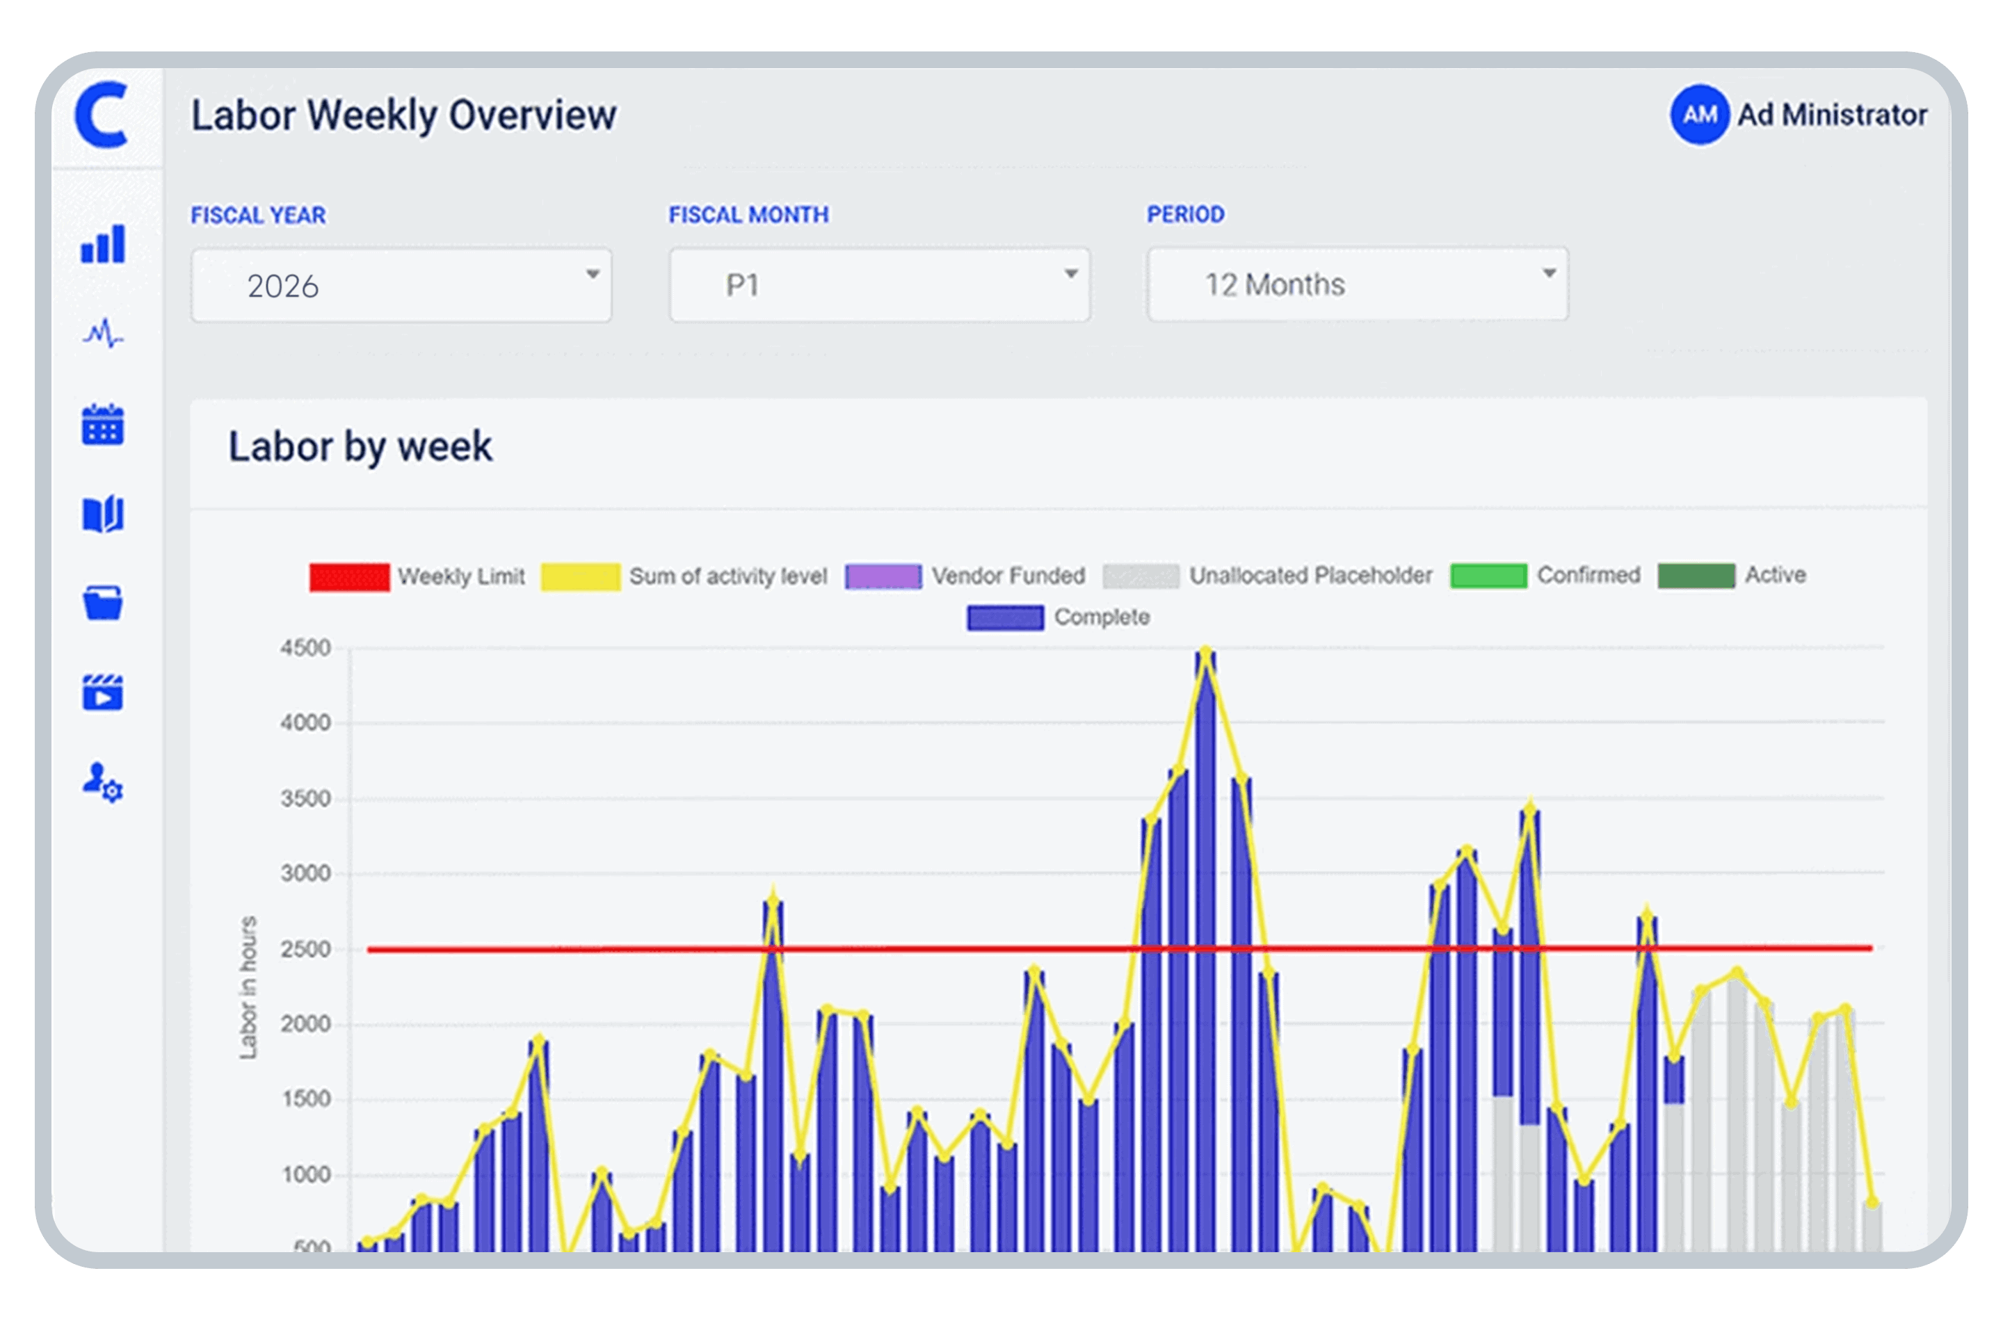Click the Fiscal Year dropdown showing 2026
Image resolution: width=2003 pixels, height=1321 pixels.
coord(401,285)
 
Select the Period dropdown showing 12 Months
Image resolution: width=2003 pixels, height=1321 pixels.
coord(1357,283)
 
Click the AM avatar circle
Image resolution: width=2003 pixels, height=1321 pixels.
coord(1699,115)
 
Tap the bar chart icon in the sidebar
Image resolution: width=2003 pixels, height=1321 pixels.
coord(103,243)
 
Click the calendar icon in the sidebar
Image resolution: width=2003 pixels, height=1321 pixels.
coord(103,424)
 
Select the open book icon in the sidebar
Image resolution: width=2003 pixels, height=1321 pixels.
coord(103,514)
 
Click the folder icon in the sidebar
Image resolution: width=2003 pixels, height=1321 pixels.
coord(103,603)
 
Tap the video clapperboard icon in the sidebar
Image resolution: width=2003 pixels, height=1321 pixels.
coord(103,692)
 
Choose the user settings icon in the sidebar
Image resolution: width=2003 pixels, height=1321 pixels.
coord(103,781)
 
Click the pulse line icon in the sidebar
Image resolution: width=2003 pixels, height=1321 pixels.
coord(103,334)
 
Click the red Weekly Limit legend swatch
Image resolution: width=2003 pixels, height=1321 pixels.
coord(349,577)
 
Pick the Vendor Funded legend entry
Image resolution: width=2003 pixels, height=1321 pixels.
coord(965,576)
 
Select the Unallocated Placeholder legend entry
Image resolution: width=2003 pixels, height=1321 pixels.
coord(1267,576)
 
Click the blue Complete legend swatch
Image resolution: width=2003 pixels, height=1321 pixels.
coord(1004,617)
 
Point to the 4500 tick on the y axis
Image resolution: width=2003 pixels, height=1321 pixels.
coord(305,648)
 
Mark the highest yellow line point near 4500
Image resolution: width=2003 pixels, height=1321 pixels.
coord(1206,653)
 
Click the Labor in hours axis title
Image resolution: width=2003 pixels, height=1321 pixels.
coord(248,987)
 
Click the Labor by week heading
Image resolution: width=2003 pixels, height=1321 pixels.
coord(360,447)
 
